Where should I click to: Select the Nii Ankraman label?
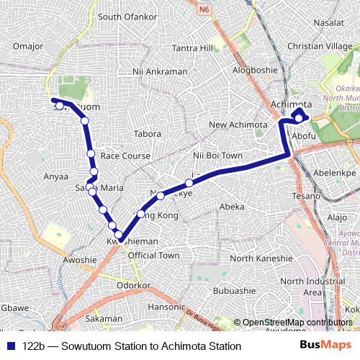click(160, 72)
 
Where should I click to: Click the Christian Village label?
click(319, 46)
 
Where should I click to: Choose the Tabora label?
click(147, 134)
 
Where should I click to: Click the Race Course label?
click(126, 156)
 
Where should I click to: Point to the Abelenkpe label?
click(336, 174)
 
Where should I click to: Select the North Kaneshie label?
click(261, 258)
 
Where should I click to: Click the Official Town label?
click(153, 255)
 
